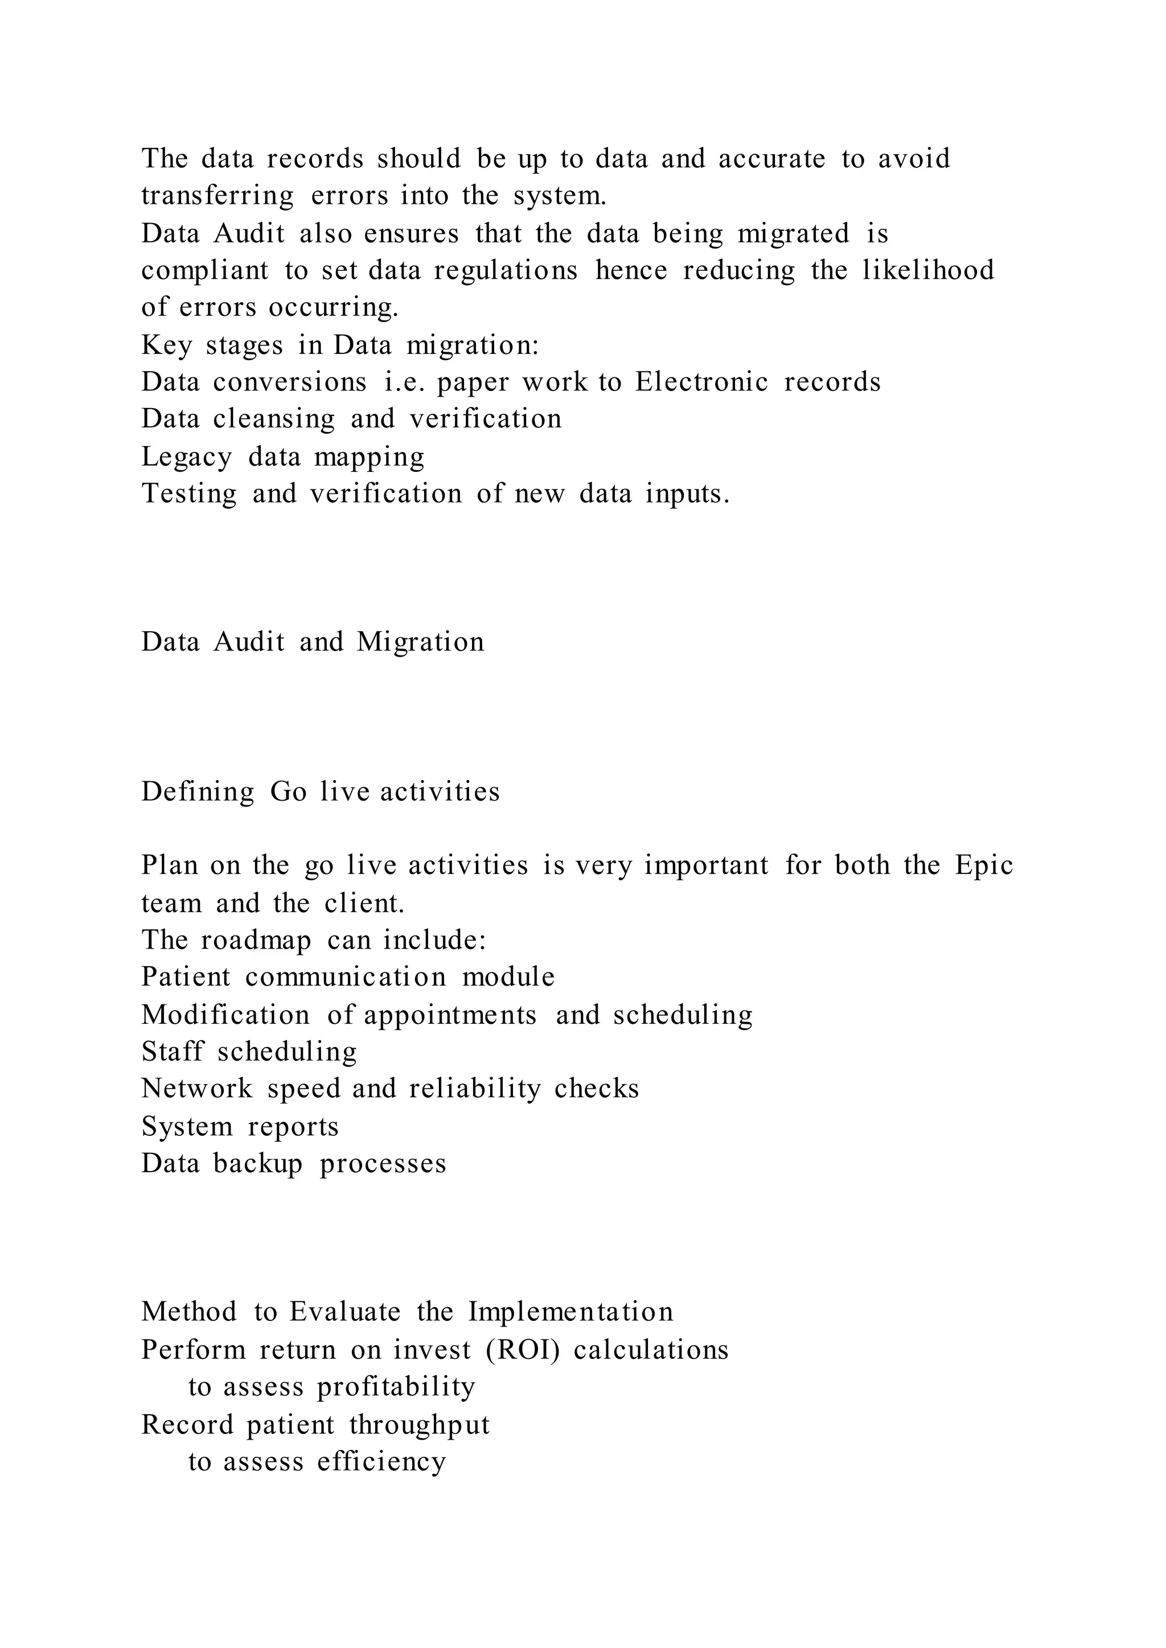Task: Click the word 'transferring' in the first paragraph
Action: pos(217,196)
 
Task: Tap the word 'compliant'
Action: pos(204,271)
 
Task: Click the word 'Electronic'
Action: pos(701,382)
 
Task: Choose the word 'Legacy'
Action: pos(187,457)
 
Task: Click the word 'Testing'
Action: pos(189,495)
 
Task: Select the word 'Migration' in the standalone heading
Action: pos(420,642)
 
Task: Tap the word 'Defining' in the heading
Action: pos(198,792)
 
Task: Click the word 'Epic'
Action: pos(984,865)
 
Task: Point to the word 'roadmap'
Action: pos(256,940)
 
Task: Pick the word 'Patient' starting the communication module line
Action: pos(186,977)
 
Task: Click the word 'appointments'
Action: pos(450,1016)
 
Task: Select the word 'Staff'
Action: pos(173,1052)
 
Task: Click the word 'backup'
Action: pos(258,1164)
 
